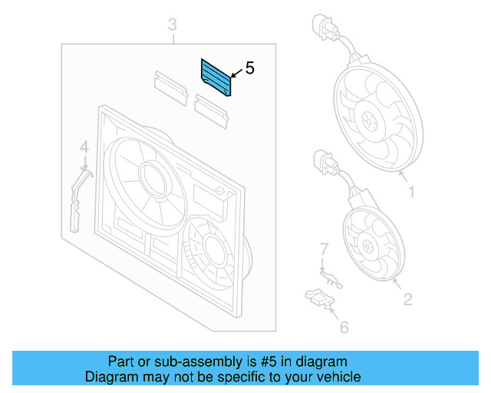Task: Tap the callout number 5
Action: [249, 68]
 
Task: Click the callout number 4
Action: [84, 146]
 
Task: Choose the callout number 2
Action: [407, 299]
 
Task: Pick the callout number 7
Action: [324, 248]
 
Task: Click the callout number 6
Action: [343, 328]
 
